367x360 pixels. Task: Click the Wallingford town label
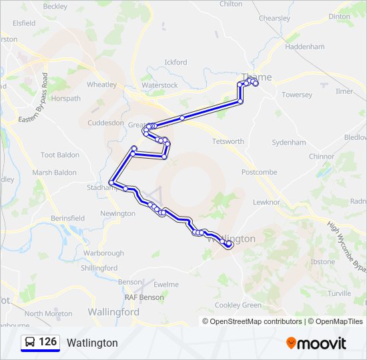(113, 311)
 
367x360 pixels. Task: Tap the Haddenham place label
(304, 47)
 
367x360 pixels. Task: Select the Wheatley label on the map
(101, 85)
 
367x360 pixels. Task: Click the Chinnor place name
(321, 157)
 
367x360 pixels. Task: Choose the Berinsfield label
(67, 218)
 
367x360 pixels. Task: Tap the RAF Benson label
(143, 297)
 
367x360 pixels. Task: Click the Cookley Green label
(238, 305)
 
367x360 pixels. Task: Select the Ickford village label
(175, 63)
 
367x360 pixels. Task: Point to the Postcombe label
(259, 172)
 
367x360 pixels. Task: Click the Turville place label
(339, 293)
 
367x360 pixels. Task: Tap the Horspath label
(66, 98)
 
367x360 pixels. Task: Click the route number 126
(47, 342)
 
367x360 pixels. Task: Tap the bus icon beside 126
(30, 343)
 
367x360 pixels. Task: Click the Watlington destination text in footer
(92, 343)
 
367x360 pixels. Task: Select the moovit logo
(316, 343)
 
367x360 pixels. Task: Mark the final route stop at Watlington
(229, 245)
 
